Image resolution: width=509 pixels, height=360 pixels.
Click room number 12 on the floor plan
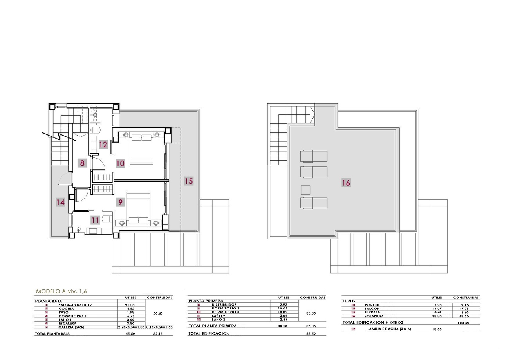tap(103, 145)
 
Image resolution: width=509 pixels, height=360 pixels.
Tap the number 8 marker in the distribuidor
tap(82, 163)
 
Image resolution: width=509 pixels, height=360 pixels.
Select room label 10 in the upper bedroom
tap(120, 163)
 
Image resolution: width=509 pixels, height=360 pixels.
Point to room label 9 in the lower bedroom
tap(121, 202)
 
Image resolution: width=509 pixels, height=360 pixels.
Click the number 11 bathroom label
tap(95, 220)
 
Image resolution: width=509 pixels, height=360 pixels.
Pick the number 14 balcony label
tap(60, 202)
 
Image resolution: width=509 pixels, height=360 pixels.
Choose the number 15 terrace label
tap(189, 181)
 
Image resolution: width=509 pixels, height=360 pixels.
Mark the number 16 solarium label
tap(346, 183)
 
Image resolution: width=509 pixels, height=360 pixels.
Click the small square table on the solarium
tap(306, 190)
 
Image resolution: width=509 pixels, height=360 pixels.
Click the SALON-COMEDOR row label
tap(75, 305)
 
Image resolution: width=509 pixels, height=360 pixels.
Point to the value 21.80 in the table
tap(130, 305)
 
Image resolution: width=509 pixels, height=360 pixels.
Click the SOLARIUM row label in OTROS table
tap(374, 316)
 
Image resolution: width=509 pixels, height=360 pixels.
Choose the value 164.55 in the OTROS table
tap(464, 323)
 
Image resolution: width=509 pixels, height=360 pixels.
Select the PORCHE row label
tap(372, 305)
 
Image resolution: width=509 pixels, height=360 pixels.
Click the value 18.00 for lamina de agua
tap(437, 329)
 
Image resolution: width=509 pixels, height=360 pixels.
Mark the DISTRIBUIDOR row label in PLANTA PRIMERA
tap(224, 304)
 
